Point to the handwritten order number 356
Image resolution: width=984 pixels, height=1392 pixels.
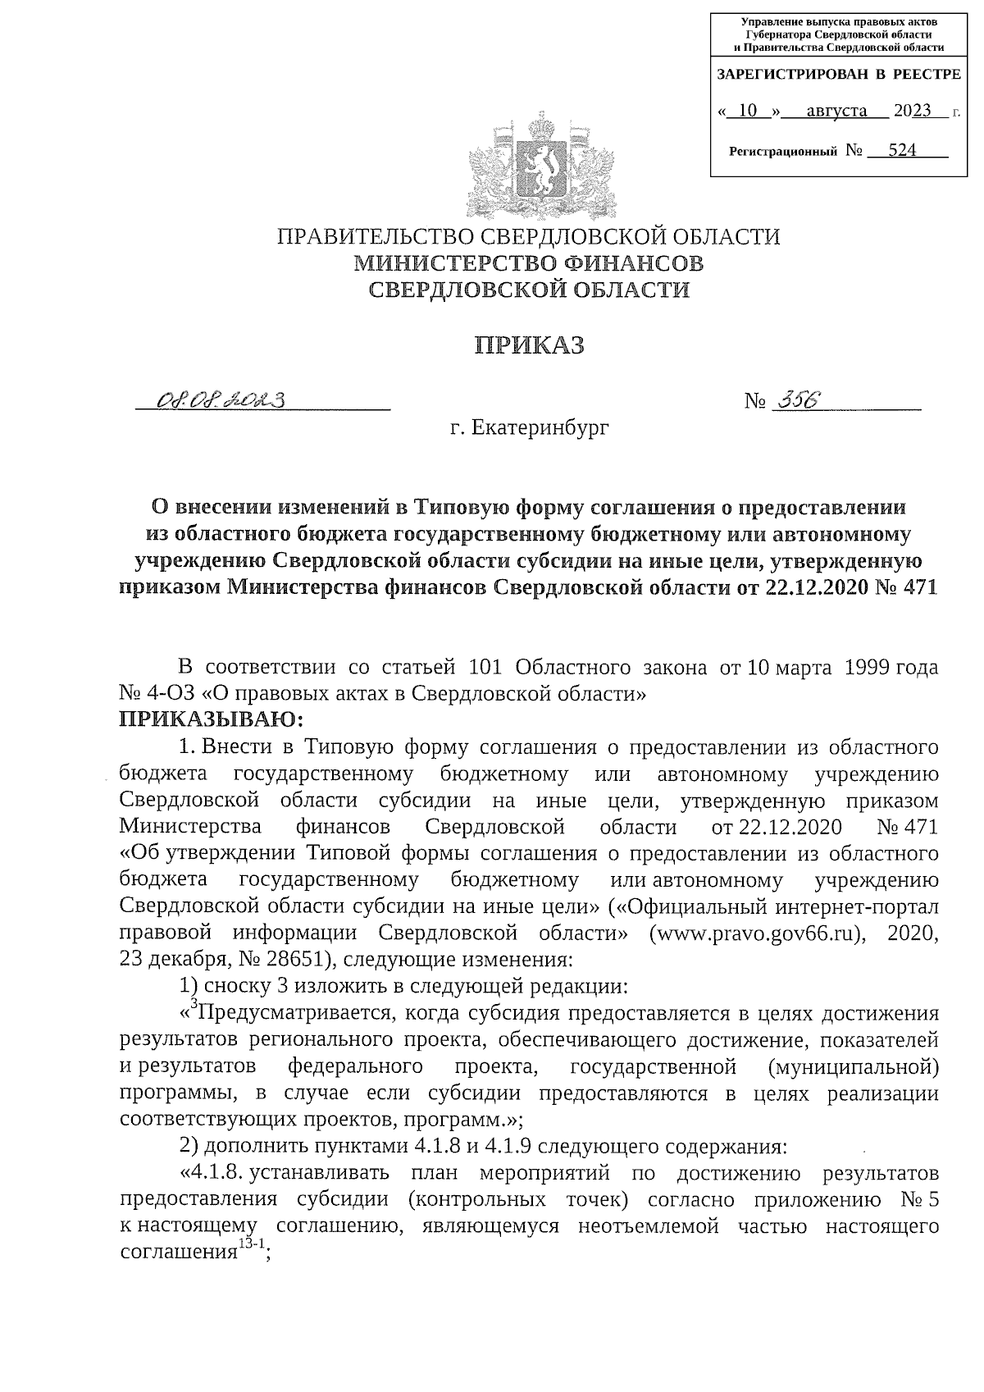click(791, 400)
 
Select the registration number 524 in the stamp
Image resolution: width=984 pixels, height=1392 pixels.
click(902, 150)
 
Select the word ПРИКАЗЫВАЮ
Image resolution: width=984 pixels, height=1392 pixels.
click(212, 720)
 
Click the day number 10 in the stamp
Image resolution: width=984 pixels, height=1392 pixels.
click(748, 111)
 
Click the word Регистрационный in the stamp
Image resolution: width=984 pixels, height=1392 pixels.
click(783, 152)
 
